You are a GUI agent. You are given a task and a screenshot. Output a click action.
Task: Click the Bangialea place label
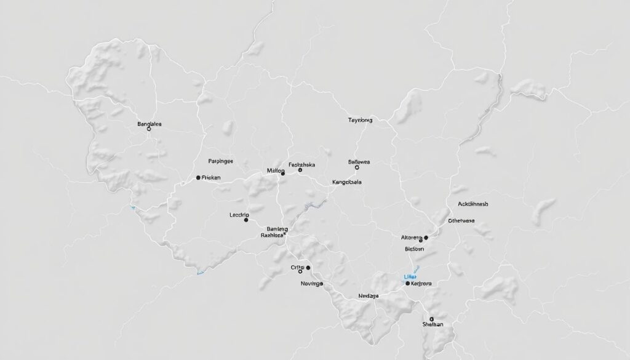150,124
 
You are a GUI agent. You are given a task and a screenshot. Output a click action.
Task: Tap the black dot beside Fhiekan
198,177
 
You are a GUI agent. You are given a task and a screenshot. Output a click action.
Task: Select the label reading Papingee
221,161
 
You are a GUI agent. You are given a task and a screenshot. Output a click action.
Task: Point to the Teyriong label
360,121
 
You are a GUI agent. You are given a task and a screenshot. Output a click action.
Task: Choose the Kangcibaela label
347,182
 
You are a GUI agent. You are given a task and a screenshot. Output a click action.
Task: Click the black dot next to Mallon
283,174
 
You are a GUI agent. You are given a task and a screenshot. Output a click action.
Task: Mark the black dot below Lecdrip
246,219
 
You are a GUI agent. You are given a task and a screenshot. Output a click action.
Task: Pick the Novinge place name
311,284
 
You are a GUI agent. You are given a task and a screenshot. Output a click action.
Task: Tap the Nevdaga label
369,296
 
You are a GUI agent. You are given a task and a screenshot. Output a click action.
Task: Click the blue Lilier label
407,277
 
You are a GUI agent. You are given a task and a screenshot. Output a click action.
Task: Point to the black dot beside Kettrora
408,284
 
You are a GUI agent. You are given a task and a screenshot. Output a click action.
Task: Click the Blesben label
415,249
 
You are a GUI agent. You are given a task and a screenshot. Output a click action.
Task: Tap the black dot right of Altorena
426,238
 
